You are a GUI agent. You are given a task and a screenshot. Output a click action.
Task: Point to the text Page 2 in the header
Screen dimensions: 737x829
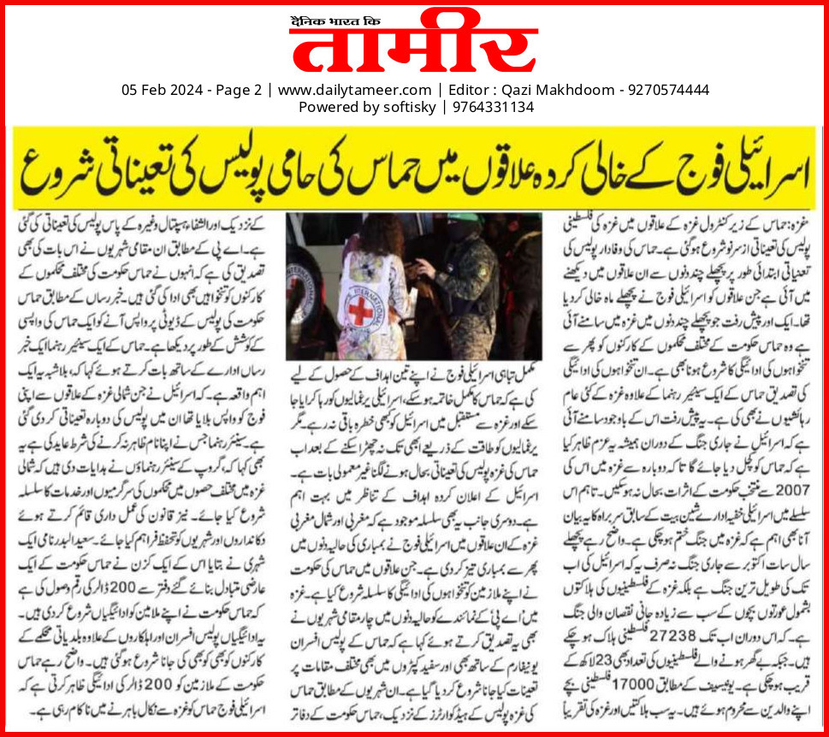[235, 90]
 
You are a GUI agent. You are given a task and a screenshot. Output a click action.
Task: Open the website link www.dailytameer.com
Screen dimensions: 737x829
[354, 90]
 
